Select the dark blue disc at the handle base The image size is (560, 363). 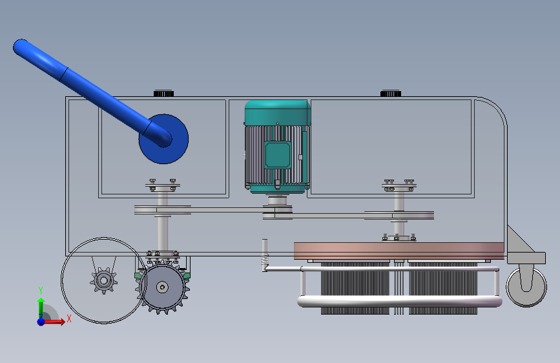pyautogui.click(x=163, y=139)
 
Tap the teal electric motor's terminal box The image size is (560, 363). pyautogui.click(x=278, y=155)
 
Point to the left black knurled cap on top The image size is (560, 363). pyautogui.click(x=163, y=93)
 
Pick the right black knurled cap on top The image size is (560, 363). pyautogui.click(x=391, y=93)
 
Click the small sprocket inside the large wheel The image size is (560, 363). pyautogui.click(x=103, y=280)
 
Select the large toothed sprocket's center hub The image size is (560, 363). pyautogui.click(x=163, y=287)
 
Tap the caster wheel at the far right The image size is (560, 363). pyautogui.click(x=526, y=287)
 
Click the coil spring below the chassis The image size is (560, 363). pyautogui.click(x=265, y=262)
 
